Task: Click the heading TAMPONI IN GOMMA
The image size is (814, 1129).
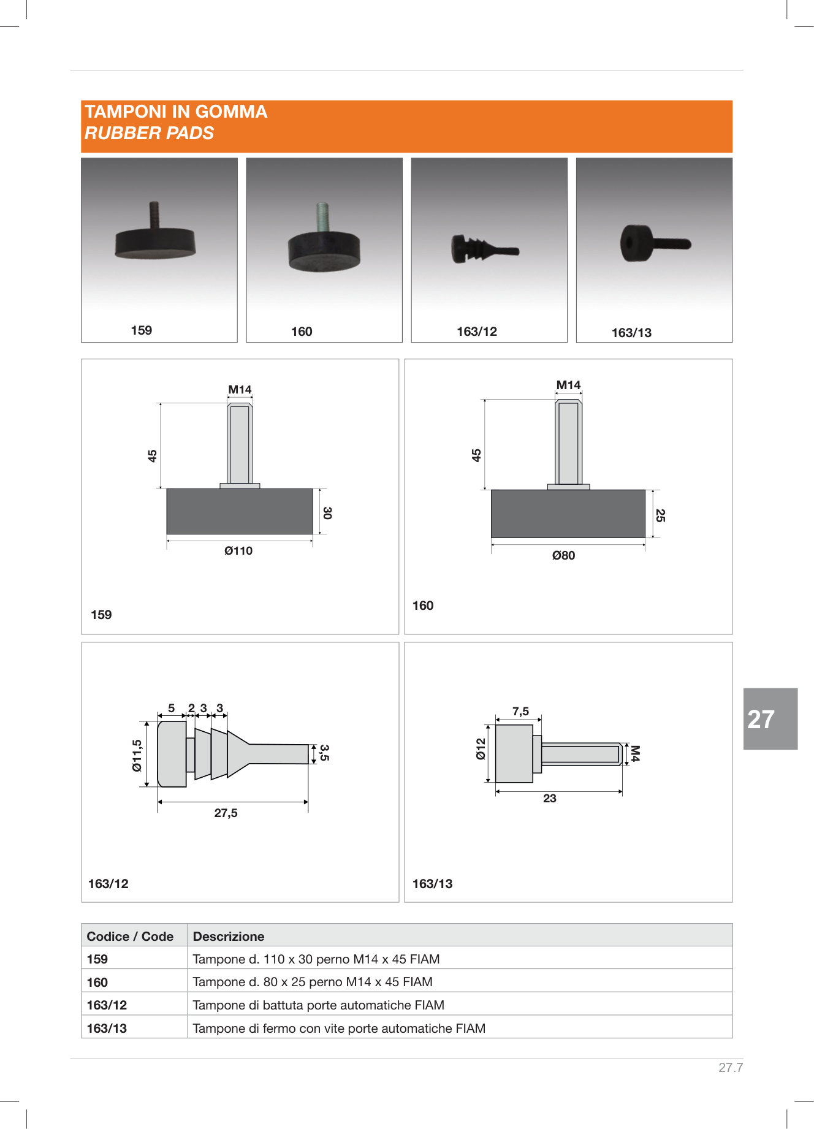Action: [x=176, y=112]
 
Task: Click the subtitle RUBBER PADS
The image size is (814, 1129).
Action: [x=149, y=133]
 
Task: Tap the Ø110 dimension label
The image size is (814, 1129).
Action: [x=238, y=551]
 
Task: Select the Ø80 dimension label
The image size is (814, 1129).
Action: [x=563, y=555]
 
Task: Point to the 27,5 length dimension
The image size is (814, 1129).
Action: [x=226, y=813]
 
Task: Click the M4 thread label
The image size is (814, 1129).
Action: [x=635, y=753]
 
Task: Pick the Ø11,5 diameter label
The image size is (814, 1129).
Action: [x=137, y=755]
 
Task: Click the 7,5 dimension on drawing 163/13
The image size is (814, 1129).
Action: [x=520, y=711]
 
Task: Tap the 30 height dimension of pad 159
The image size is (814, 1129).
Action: [x=327, y=513]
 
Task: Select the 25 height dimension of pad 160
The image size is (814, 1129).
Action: [x=660, y=515]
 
